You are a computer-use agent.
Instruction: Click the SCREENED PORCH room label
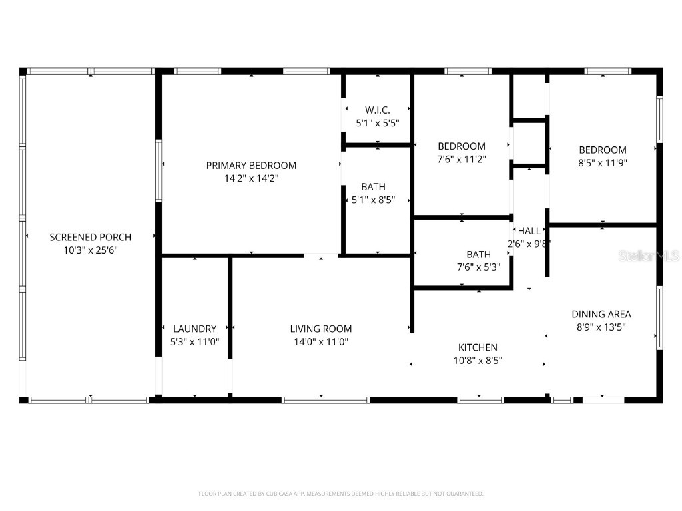pyautogui.click(x=91, y=237)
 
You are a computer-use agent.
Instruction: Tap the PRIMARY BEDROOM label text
pyautogui.click(x=251, y=166)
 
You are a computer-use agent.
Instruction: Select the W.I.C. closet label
pyautogui.click(x=377, y=110)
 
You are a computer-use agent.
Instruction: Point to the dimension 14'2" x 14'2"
pyautogui.click(x=251, y=178)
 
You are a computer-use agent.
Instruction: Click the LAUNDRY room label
pyautogui.click(x=194, y=329)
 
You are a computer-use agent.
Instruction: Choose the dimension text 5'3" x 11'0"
pyautogui.click(x=194, y=341)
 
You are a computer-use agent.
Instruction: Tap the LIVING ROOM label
pyautogui.click(x=321, y=329)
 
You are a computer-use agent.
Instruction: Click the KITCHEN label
pyautogui.click(x=478, y=347)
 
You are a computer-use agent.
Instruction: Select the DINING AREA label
pyautogui.click(x=601, y=314)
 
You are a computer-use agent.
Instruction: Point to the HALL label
pyautogui.click(x=529, y=231)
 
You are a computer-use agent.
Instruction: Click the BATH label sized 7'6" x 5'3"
pyautogui.click(x=478, y=254)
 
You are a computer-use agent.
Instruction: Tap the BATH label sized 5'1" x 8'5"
pyautogui.click(x=373, y=187)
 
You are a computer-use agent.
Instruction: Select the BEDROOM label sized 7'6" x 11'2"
pyautogui.click(x=462, y=146)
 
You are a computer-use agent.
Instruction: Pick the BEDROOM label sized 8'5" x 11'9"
pyautogui.click(x=603, y=150)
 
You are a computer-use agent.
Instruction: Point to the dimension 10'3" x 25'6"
pyautogui.click(x=91, y=250)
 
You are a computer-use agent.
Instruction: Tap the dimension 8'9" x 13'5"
pyautogui.click(x=601, y=327)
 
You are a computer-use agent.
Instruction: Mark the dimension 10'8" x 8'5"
pyautogui.click(x=478, y=360)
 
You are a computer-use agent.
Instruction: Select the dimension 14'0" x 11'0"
pyautogui.click(x=321, y=341)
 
